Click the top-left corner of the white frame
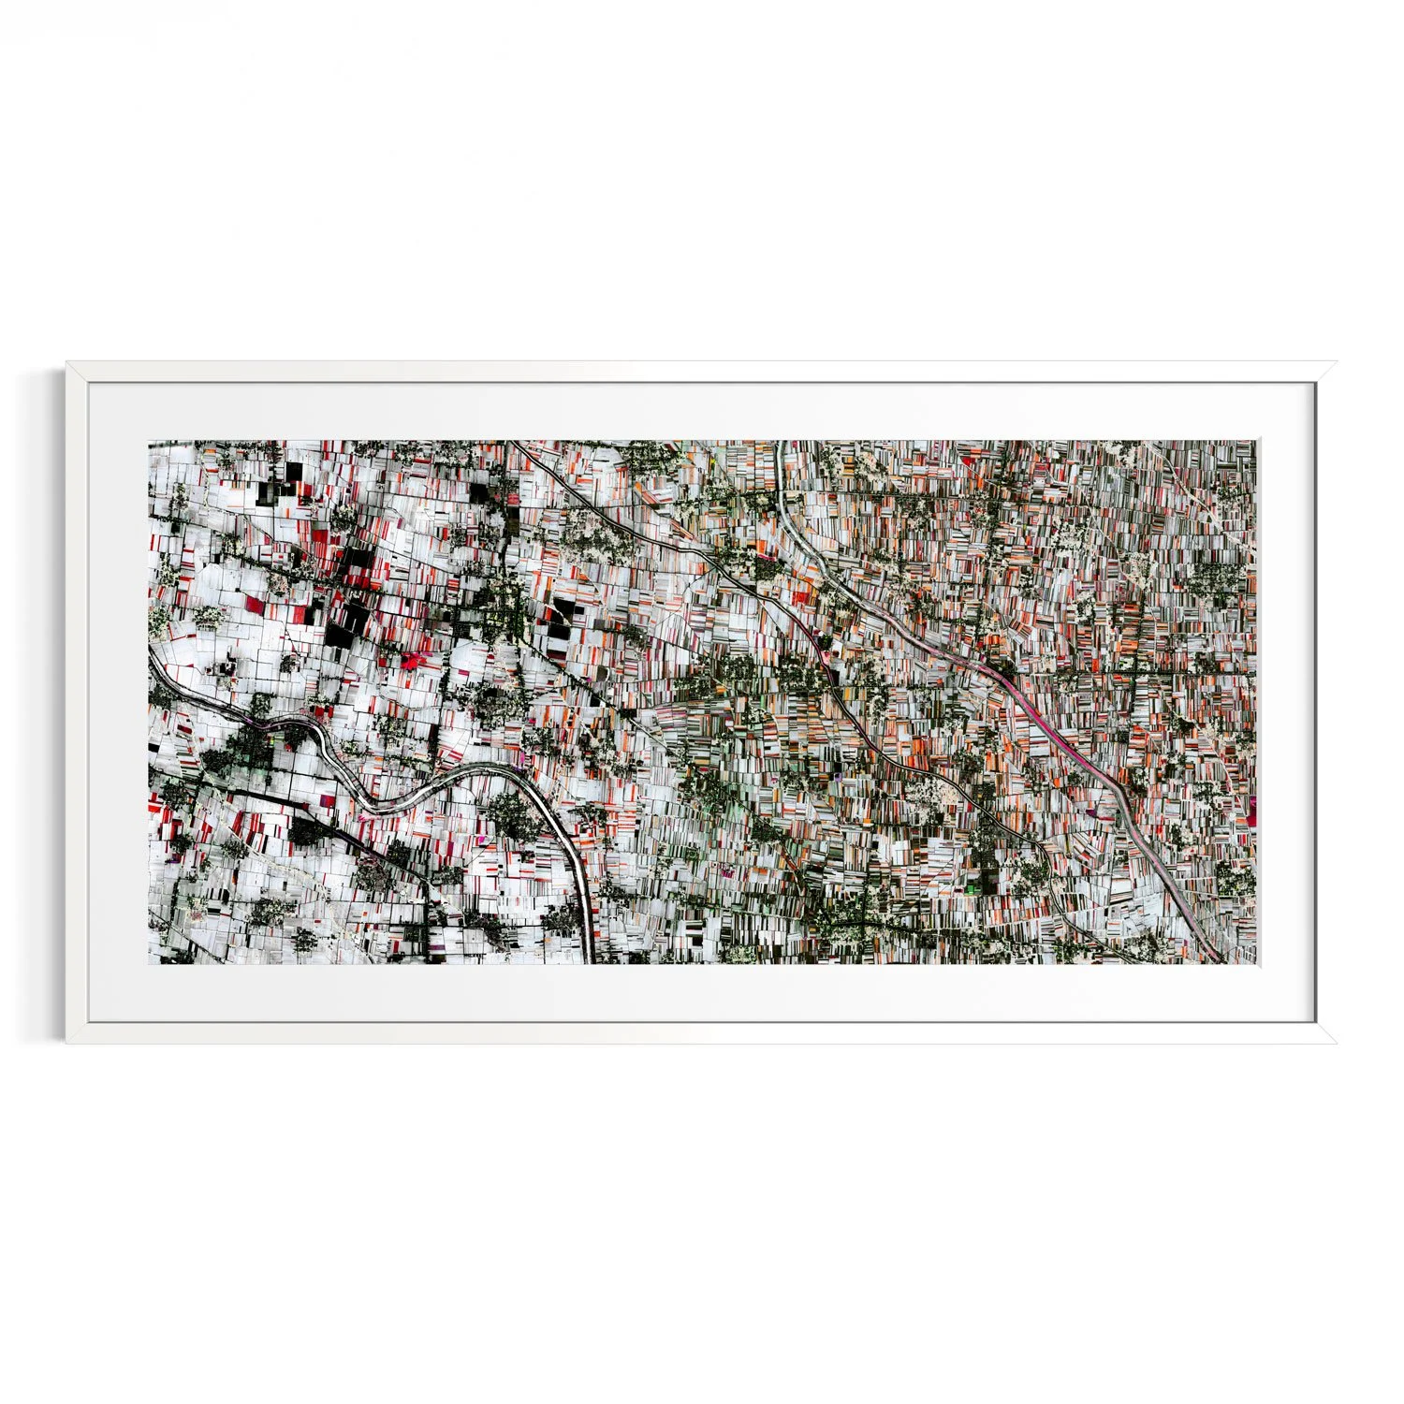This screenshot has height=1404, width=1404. pyautogui.click(x=66, y=362)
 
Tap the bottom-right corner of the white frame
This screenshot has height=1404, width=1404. pyautogui.click(x=1337, y=1044)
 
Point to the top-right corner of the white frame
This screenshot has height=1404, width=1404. pyautogui.click(x=1337, y=362)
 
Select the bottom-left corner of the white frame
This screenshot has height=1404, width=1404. pyautogui.click(x=66, y=1044)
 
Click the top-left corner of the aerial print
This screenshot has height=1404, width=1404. pyautogui.click(x=149, y=441)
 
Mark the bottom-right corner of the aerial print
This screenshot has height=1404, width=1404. pyautogui.click(x=1256, y=964)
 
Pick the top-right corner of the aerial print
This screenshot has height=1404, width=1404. pyautogui.click(x=1256, y=441)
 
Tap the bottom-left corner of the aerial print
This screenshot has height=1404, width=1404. pyautogui.click(x=149, y=964)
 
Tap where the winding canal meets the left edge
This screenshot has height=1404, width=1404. pyautogui.click(x=152, y=651)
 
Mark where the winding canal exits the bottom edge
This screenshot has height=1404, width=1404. pyautogui.click(x=590, y=960)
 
